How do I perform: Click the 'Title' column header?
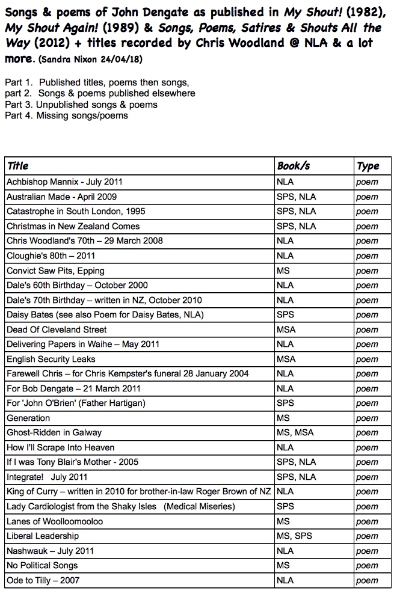tap(17, 166)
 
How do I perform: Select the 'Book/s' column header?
tap(293, 166)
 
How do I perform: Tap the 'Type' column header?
tap(368, 166)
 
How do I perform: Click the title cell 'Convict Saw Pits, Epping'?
tap(55, 271)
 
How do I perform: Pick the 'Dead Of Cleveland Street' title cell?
tap(57, 329)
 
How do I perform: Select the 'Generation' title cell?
tap(28, 418)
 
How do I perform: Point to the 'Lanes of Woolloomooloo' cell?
tap(55, 521)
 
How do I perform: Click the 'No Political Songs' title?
tap(42, 565)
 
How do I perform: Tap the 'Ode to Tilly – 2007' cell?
tap(43, 580)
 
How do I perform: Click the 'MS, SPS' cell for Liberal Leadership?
tap(294, 536)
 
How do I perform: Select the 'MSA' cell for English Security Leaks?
tap(286, 359)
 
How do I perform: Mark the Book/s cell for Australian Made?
tap(296, 197)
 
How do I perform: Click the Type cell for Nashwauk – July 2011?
tap(367, 551)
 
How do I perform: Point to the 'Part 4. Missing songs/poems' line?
tap(66, 115)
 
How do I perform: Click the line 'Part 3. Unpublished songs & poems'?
tap(81, 105)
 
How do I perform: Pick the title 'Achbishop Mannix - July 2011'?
tap(64, 182)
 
